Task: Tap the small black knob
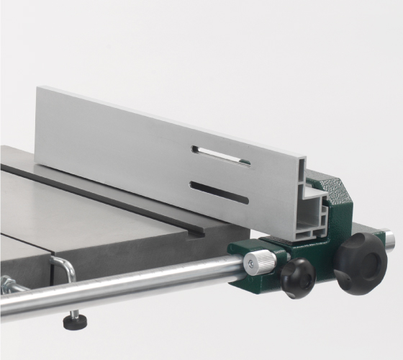point(298,276)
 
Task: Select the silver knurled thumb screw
point(260,262)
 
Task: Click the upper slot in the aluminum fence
point(221,155)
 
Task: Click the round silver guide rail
point(144,283)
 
